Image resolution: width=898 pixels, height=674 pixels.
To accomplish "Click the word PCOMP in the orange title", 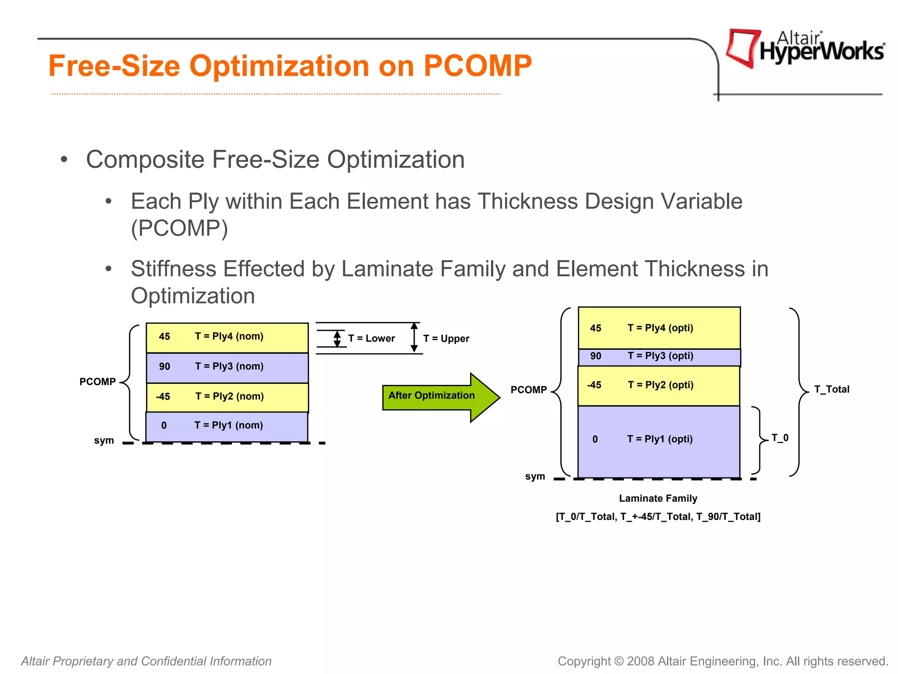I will (x=478, y=66).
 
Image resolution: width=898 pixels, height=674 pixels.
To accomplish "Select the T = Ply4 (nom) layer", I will (x=227, y=337).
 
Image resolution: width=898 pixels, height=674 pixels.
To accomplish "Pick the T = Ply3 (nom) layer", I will (x=227, y=367).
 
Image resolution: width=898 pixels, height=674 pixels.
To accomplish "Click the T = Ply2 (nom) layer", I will (x=227, y=397).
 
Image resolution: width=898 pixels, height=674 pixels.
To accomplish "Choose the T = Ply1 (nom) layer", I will (x=227, y=426).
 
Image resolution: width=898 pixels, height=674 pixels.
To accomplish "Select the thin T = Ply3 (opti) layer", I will (x=659, y=356).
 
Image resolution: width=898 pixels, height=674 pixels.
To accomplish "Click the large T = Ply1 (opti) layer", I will (x=659, y=440).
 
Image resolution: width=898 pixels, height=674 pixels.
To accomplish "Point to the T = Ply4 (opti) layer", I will (x=659, y=328).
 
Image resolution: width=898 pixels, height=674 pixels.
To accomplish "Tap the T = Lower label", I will (x=371, y=339).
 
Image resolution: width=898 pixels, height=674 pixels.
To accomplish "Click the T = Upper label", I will (x=446, y=339).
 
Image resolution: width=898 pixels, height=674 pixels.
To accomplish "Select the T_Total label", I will (x=831, y=390).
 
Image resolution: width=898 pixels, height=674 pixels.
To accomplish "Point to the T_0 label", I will (x=780, y=438).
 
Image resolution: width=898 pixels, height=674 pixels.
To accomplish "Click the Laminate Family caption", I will (x=658, y=498).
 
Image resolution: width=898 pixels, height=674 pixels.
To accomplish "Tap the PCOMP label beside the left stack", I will (x=97, y=382).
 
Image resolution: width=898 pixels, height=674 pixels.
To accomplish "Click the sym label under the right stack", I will (x=535, y=477).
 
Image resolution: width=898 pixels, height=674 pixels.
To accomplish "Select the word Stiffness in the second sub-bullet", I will (x=174, y=269).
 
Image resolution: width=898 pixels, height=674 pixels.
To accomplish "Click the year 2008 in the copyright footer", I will (x=641, y=661).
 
